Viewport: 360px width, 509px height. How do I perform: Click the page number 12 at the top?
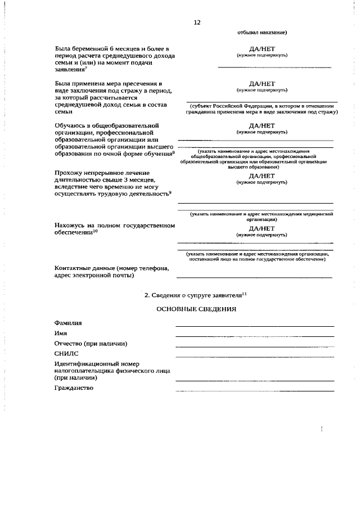click(196, 22)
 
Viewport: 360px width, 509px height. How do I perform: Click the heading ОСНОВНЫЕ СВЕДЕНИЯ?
click(196, 309)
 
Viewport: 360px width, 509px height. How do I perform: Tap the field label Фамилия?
click(68, 323)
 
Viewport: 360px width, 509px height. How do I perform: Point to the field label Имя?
click(61, 334)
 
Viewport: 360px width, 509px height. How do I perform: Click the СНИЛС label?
click(67, 354)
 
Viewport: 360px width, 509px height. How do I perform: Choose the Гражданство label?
click(74, 388)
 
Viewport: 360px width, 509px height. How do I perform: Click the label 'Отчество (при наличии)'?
click(90, 344)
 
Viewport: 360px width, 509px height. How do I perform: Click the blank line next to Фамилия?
click(254, 326)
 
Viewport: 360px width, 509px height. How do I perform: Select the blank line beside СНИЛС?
click(254, 357)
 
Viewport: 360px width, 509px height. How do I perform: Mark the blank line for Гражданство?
click(254, 390)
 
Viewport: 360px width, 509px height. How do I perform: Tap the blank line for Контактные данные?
click(254, 277)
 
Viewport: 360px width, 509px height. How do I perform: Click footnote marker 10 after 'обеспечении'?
click(96, 231)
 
